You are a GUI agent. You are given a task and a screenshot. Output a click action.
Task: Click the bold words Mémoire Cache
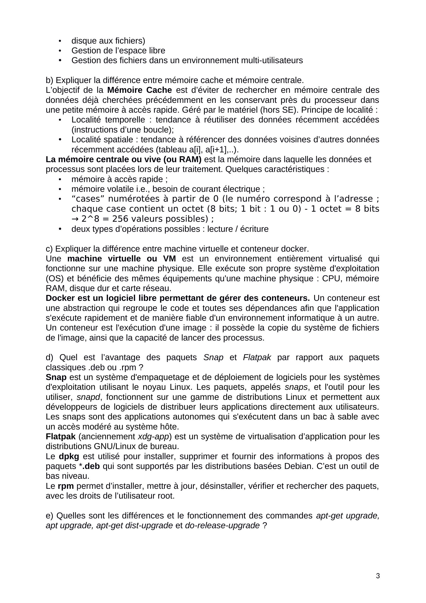(x=140, y=90)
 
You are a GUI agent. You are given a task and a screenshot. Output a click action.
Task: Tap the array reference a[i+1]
(x=217, y=150)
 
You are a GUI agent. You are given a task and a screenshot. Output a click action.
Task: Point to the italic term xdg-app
(x=153, y=436)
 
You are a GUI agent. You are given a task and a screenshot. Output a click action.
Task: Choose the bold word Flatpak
(x=61, y=436)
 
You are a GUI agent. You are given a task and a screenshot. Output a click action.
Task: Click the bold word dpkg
(x=69, y=457)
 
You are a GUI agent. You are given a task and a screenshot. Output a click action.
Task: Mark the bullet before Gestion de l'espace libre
(x=60, y=51)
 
